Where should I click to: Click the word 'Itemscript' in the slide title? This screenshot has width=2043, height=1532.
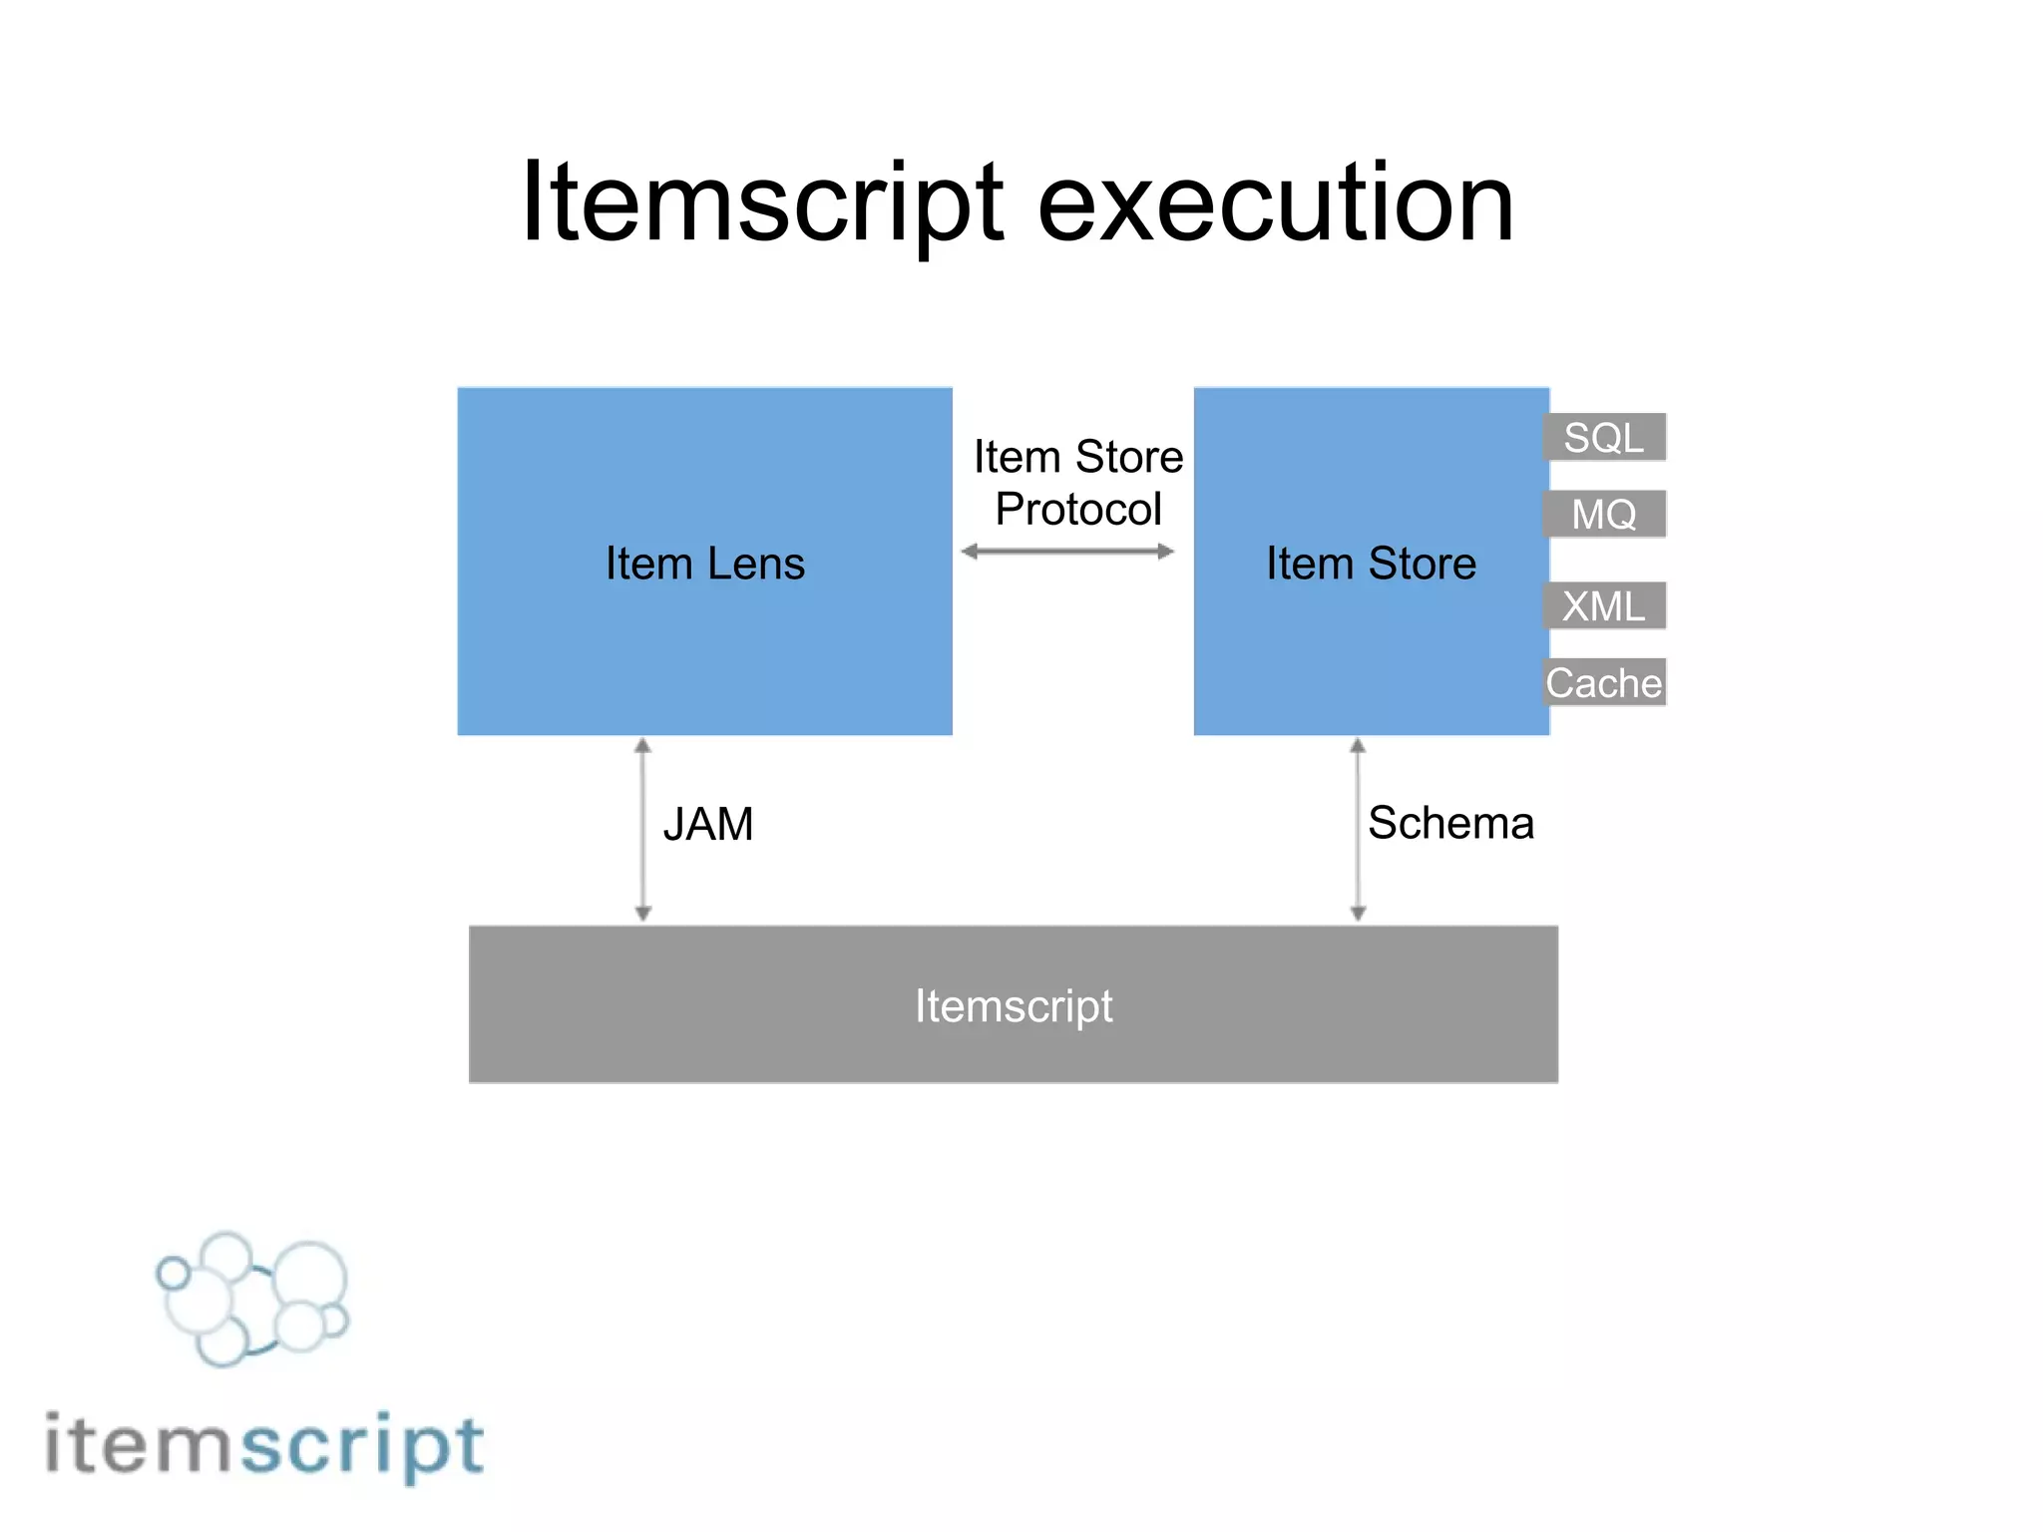tap(762, 204)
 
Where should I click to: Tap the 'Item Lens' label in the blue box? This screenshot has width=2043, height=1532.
tap(704, 564)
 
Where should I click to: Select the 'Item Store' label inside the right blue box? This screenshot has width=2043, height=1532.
tap(1371, 564)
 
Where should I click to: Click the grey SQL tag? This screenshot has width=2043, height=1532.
tap(1604, 438)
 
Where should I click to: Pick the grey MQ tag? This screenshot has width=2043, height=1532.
tap(1604, 515)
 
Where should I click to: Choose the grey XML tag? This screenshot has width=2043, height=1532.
tap(1604, 606)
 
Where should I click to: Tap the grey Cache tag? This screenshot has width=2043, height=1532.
tap(1604, 683)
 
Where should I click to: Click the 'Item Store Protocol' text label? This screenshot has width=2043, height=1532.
tap(1078, 483)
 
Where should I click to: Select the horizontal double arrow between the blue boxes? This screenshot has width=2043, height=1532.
tap(1067, 552)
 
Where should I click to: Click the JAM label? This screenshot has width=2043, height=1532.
tap(708, 824)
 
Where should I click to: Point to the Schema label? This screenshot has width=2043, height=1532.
tap(1450, 824)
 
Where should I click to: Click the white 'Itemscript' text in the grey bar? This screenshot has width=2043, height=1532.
tap(1014, 1005)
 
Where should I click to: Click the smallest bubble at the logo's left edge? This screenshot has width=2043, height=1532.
tap(174, 1274)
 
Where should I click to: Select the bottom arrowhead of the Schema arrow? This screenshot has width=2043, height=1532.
tap(1358, 913)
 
